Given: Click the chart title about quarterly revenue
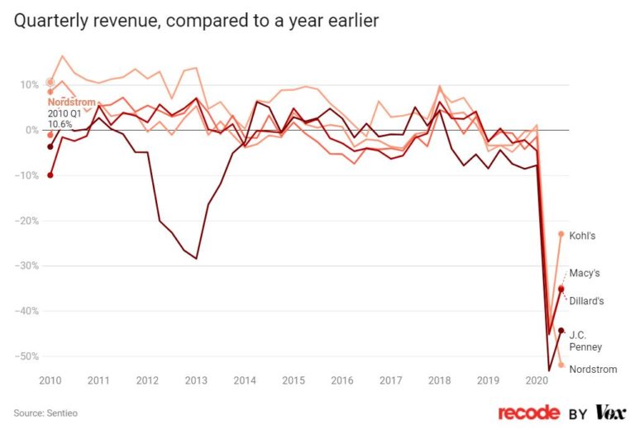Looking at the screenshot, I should [x=196, y=21].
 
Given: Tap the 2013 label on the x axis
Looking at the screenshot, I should [x=196, y=381].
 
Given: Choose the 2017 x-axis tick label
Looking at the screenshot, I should [x=391, y=381].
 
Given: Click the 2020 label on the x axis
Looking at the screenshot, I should [x=537, y=381].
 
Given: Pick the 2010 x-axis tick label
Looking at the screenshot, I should [x=50, y=381].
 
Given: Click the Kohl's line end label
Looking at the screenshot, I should [x=584, y=235].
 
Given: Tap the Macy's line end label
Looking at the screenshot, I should [x=585, y=272].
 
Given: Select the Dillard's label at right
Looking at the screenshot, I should [x=586, y=301].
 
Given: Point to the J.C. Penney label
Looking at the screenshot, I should [x=585, y=341].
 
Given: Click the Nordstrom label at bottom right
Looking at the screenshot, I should [x=593, y=369].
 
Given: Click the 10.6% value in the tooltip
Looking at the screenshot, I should [x=59, y=124].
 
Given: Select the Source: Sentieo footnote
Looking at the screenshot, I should [x=42, y=412].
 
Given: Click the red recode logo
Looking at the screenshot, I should [x=530, y=412].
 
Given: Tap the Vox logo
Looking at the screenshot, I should [x=609, y=412].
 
